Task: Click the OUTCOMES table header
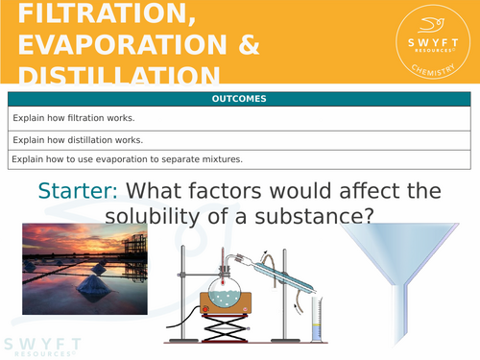239,99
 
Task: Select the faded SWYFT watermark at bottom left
40,346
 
